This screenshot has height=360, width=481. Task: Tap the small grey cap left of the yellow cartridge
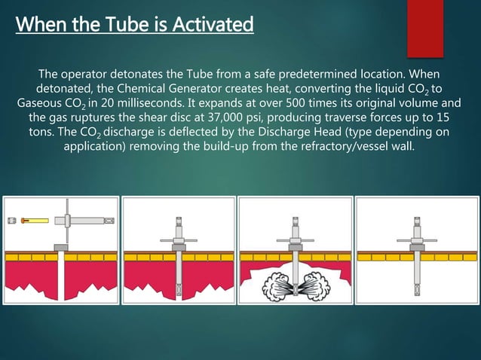12,220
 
